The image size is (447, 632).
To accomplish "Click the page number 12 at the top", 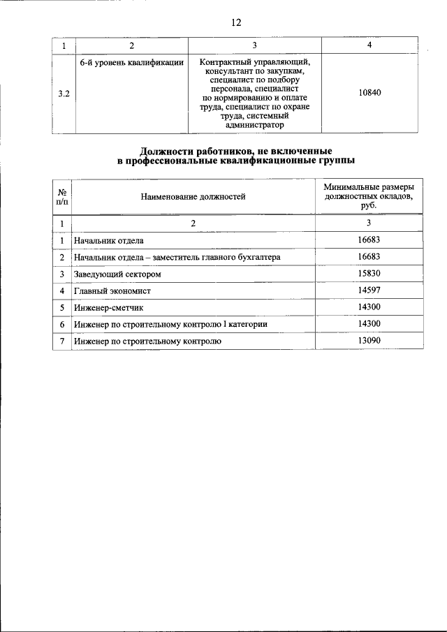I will coord(236,22).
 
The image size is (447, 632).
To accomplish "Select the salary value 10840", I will coord(369,93).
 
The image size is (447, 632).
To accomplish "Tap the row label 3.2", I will coord(64,94).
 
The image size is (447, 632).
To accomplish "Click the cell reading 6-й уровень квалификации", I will coord(132,63).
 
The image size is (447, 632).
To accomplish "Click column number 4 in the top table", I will coord(369,45).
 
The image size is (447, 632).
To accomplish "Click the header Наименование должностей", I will coord(193,197).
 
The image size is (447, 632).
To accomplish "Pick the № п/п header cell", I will coord(62,197).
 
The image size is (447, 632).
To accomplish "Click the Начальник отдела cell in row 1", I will coord(109,241).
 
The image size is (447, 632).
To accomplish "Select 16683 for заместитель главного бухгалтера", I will coord(369,257).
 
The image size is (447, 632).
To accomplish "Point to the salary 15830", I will coord(369,274).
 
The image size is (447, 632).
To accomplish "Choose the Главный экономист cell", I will coord(112,291).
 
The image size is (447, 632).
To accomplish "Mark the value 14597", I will coord(369,291).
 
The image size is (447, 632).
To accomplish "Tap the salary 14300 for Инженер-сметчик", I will coord(369,307).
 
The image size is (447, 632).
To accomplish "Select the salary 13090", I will coord(369,341).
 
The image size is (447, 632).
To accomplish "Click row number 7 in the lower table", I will coord(62,341).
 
